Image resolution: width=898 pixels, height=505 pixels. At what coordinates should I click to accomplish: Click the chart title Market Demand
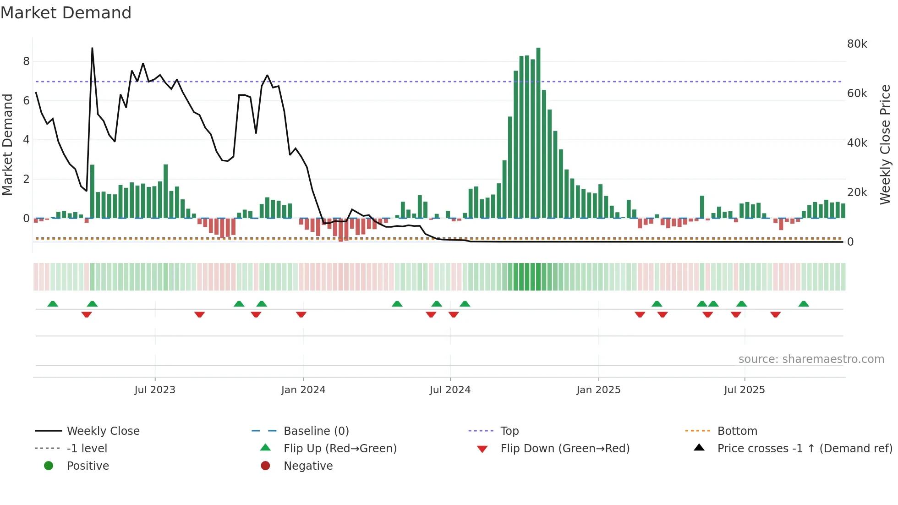coord(66,13)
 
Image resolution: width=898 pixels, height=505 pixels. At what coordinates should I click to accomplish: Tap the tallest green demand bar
coord(538,133)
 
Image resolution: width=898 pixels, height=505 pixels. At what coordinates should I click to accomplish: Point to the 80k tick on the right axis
coord(857,44)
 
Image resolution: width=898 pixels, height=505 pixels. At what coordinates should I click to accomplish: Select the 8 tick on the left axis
coord(26,61)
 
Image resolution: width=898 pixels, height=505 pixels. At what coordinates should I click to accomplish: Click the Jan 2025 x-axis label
coord(598,390)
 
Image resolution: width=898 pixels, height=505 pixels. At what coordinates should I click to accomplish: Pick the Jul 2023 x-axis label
coord(155,390)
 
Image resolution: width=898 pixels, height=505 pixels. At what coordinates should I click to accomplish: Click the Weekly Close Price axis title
coord(885,144)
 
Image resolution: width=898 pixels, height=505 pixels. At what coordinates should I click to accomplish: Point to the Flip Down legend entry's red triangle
coord(482,449)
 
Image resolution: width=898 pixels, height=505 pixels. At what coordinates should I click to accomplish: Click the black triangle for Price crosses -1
coord(699,448)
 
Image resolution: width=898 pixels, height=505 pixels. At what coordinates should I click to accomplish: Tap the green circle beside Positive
coord(49,466)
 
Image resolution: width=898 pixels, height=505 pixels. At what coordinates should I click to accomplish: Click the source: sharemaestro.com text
coord(811,359)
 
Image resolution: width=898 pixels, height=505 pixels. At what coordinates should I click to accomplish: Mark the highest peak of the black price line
coord(92,49)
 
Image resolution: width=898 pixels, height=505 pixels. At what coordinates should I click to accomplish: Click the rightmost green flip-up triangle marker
coord(804,304)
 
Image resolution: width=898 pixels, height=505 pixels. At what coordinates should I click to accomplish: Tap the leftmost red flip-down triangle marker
coord(87,314)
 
